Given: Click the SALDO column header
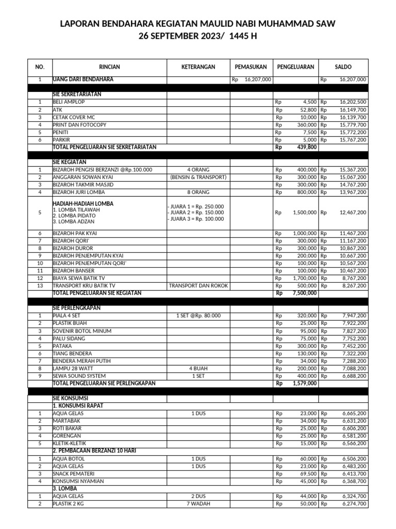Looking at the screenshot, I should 343,67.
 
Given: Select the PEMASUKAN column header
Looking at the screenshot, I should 251,67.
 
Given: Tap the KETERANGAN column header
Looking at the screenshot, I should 198,67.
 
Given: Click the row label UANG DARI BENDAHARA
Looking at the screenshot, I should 83,80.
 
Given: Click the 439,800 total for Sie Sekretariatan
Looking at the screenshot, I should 305,147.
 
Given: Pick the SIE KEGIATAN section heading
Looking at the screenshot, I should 70,162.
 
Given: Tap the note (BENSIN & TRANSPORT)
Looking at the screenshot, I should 198,177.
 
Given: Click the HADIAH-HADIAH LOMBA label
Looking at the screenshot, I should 83,204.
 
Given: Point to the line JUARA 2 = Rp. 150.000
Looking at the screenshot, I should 195,212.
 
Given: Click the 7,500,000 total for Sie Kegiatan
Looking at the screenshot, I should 304,293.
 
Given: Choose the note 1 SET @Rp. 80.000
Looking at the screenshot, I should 198,316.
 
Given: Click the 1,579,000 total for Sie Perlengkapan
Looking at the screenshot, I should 304,383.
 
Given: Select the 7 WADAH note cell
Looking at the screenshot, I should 198,504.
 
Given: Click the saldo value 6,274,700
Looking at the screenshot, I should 354,504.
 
